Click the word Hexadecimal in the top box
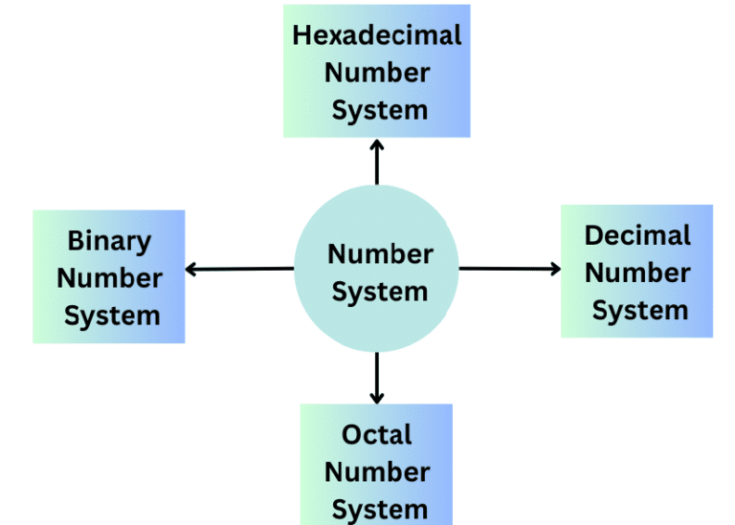click(377, 35)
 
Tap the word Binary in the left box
click(108, 241)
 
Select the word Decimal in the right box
click(637, 235)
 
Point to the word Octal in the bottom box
click(376, 434)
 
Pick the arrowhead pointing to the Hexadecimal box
click(377, 144)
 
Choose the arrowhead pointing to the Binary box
click(190, 270)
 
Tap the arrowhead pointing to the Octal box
click(377, 396)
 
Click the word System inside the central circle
click(379, 291)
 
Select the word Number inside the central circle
click(380, 254)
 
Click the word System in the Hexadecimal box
click(379, 110)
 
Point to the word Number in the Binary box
click(109, 278)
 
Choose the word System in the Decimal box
click(639, 310)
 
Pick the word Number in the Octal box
click(376, 471)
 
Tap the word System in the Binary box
click(111, 316)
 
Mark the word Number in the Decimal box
click(637, 273)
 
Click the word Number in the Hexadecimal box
click(377, 73)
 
